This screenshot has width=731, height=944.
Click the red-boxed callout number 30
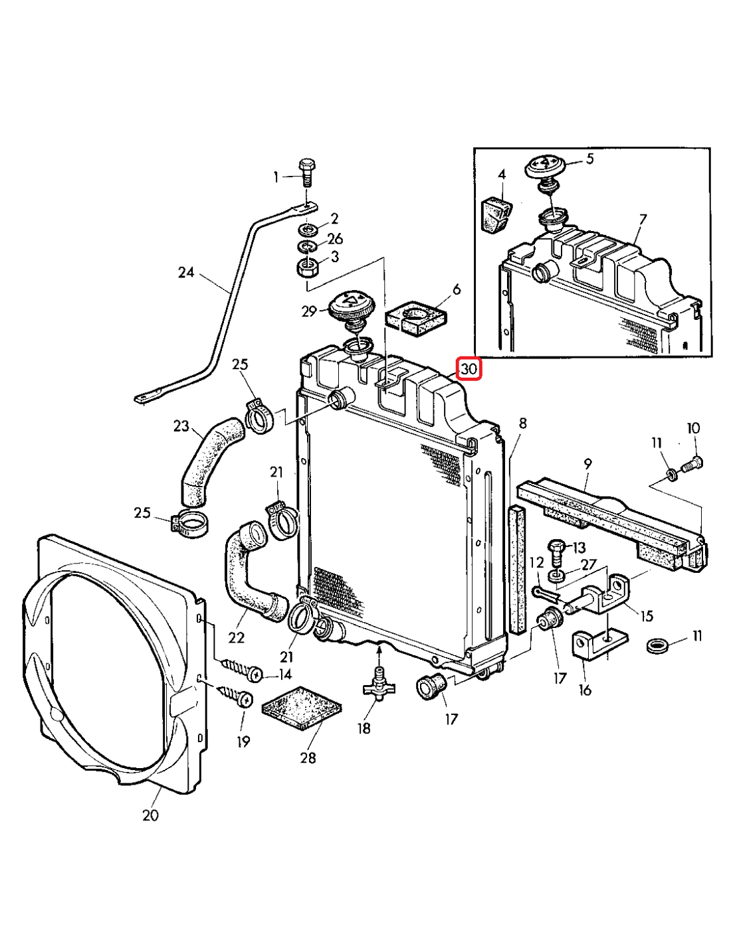(x=469, y=369)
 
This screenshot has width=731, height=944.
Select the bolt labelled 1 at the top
(x=307, y=173)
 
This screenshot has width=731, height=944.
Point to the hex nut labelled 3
(x=308, y=268)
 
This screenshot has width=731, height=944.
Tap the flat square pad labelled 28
(x=302, y=708)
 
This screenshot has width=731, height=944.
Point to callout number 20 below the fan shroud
(x=151, y=815)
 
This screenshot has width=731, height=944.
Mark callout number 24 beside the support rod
(x=186, y=272)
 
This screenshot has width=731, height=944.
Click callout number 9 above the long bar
(x=587, y=464)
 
